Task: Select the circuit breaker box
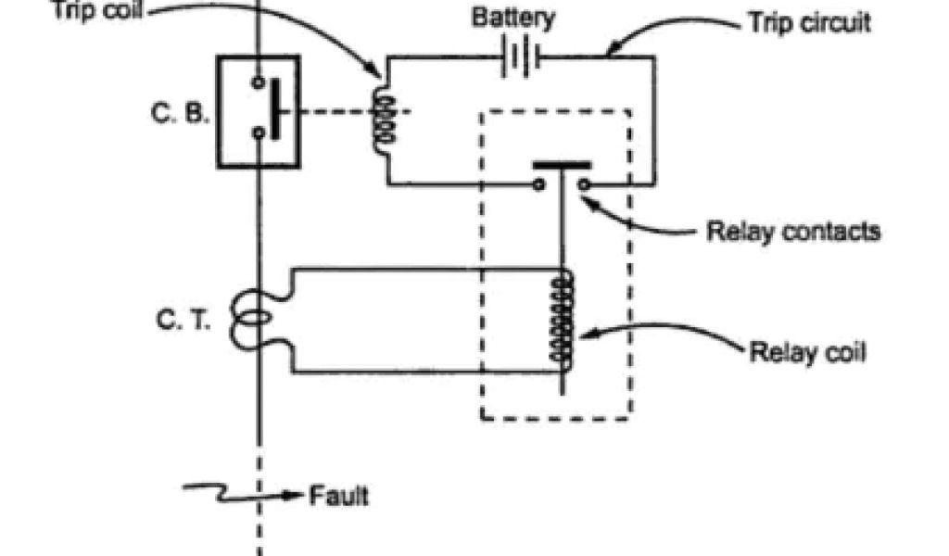pyautogui.click(x=259, y=111)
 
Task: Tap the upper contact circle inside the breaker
pyautogui.click(x=259, y=81)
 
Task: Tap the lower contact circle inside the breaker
pyautogui.click(x=259, y=133)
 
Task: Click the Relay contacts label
pyautogui.click(x=792, y=231)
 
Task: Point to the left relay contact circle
pyautogui.click(x=538, y=183)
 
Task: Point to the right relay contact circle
pyautogui.click(x=584, y=183)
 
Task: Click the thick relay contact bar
pyautogui.click(x=562, y=168)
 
